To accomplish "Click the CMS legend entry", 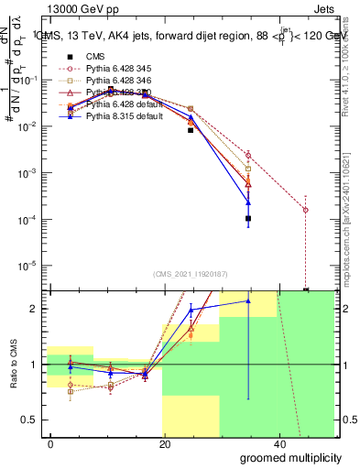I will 96,57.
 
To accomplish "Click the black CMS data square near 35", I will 248,219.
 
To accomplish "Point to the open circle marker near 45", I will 305,210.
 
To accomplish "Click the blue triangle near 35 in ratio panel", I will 248,300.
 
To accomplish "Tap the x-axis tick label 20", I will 165,443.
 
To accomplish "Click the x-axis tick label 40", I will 278,443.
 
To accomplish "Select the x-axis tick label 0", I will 51,443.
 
